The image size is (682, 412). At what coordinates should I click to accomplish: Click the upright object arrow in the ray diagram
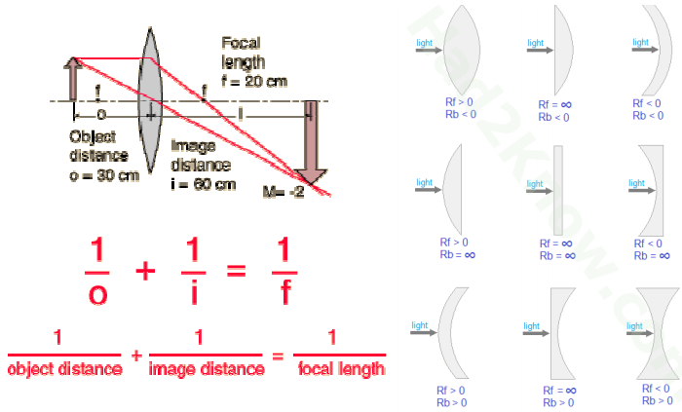73,79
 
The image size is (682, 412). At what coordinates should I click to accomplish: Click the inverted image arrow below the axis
311,142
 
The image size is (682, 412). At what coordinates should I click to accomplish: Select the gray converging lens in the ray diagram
150,100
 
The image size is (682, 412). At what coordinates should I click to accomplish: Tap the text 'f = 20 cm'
254,81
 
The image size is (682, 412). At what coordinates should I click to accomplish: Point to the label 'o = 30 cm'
104,175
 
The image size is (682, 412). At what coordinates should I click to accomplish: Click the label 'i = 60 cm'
203,184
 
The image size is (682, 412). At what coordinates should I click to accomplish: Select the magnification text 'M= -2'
284,192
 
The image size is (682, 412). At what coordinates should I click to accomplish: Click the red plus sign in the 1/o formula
145,272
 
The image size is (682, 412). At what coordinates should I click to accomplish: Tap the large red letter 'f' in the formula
285,292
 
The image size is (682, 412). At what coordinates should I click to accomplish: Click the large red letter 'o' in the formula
97,295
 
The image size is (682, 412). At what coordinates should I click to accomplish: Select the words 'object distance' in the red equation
65,369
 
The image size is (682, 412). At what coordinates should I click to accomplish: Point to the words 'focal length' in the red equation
341,369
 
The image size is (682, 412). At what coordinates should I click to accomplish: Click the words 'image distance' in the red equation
207,369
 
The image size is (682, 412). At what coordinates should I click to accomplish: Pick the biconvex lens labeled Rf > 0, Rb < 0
462,50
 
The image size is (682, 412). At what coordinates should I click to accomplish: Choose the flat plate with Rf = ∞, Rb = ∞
558,190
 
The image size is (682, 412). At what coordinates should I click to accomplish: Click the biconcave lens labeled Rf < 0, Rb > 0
658,333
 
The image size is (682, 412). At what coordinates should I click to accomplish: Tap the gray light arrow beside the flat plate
540,191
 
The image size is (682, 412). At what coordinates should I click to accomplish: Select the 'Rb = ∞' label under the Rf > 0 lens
458,254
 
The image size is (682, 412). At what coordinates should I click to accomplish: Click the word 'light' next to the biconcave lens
634,326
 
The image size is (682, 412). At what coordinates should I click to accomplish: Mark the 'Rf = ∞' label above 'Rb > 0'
560,391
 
